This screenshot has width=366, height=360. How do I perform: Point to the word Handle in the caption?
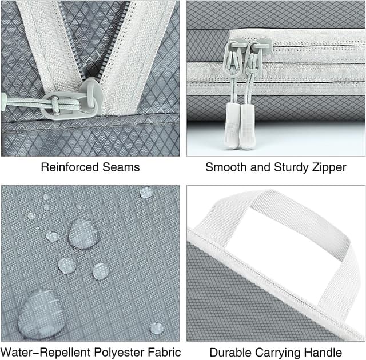pos(323,353)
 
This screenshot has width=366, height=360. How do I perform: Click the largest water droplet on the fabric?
pos(40,314)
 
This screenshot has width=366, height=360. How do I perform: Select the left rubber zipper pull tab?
pos(232,126)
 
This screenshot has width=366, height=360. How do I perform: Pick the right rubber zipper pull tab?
pos(248,126)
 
